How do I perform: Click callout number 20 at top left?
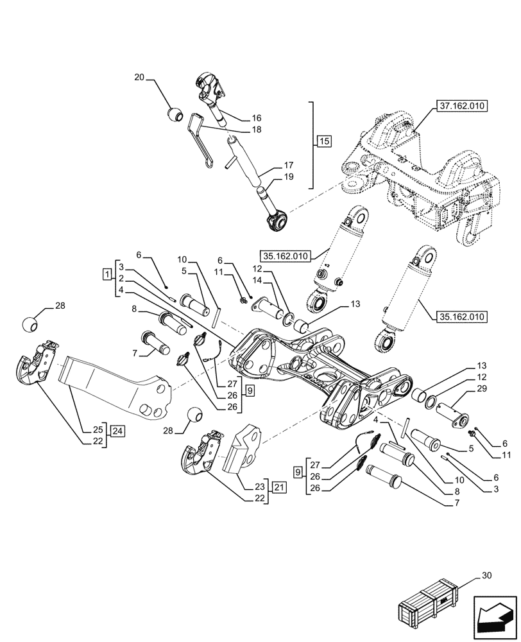coord(139,78)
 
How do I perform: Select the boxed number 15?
coord(323,141)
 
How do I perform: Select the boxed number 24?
coord(116,430)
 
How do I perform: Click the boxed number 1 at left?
coord(105,275)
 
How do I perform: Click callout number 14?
coord(275,281)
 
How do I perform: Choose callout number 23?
coord(260,487)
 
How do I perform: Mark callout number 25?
coord(98,429)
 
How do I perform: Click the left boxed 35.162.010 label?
coord(285,255)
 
